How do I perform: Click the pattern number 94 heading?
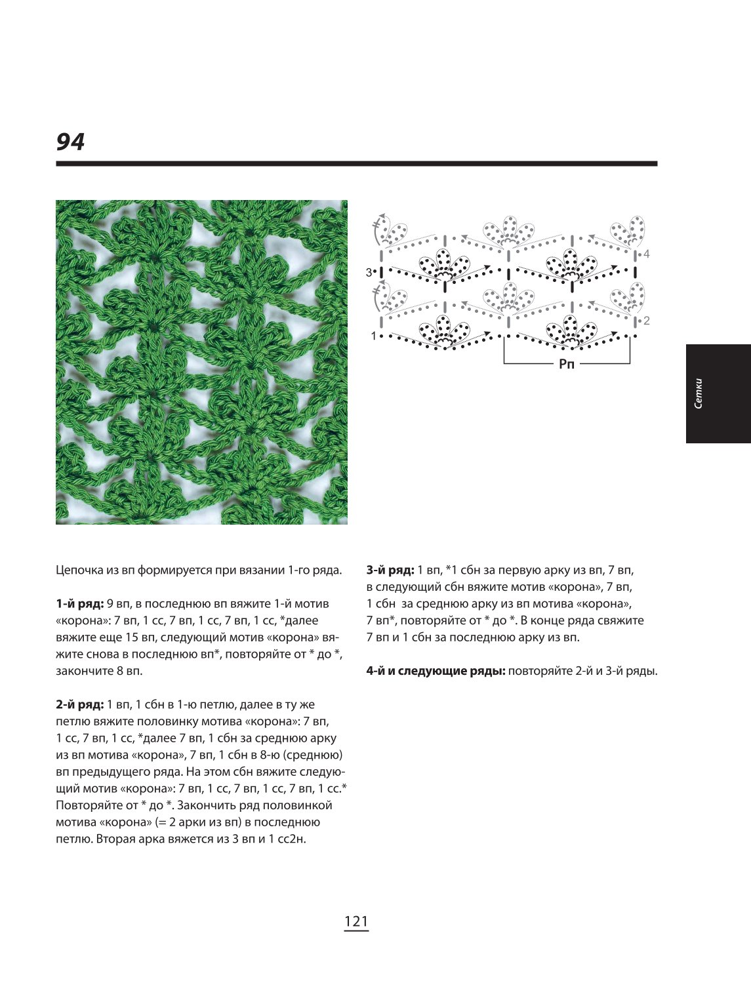tap(70, 142)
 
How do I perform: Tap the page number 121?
tap(356, 921)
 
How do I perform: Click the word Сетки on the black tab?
tap(698, 393)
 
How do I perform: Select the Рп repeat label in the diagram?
tap(567, 363)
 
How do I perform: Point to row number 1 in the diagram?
tap(373, 335)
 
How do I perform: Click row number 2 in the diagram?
tap(647, 321)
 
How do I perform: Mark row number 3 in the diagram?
tap(369, 272)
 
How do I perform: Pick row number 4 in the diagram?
tap(647, 254)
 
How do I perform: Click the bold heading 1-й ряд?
tap(80, 604)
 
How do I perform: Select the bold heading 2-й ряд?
tap(80, 704)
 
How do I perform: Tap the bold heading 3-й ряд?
tap(390, 571)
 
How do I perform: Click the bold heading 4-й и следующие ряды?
tap(436, 672)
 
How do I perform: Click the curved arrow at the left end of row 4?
tap(378, 229)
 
